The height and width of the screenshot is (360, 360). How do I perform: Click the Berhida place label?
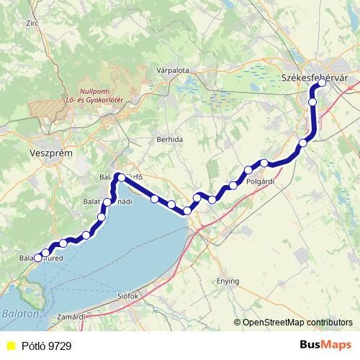[170, 139]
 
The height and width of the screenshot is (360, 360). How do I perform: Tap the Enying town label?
[228, 282]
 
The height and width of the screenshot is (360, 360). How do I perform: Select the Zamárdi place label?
[72, 316]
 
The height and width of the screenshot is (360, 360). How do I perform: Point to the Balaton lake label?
[15, 314]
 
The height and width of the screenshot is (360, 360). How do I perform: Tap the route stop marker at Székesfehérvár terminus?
[322, 83]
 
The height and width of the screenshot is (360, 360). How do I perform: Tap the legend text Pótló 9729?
[46, 346]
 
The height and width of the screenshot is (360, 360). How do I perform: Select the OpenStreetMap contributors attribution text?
[297, 323]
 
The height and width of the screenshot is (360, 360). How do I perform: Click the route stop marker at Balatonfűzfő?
[120, 176]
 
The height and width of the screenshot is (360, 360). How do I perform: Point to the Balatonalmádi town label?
[107, 203]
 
